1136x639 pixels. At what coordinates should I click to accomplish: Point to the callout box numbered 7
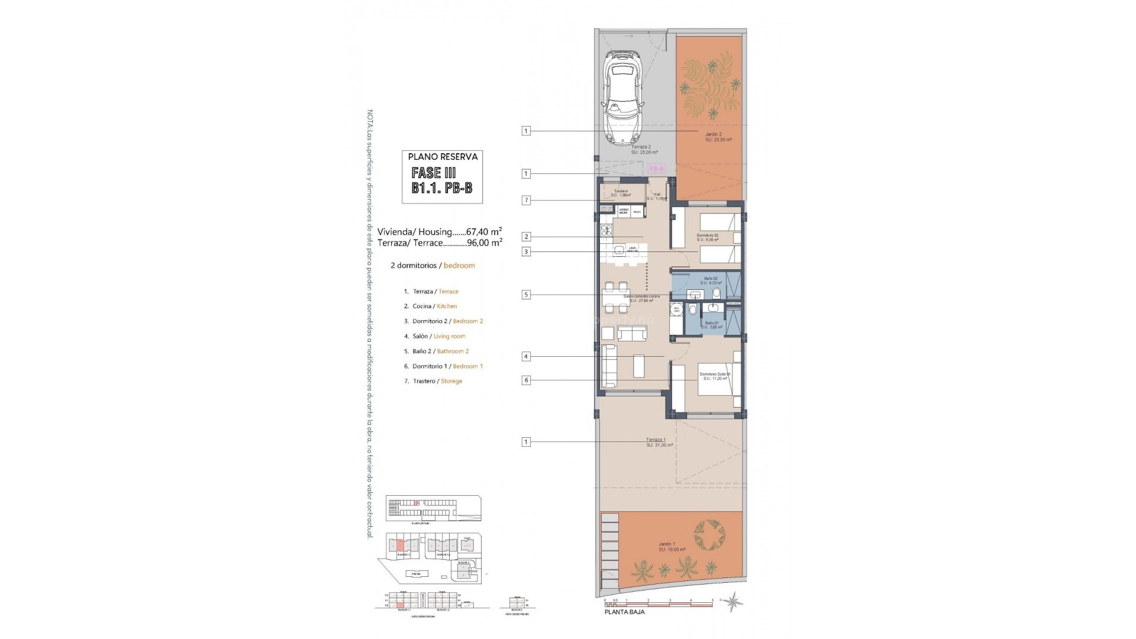coord(526,201)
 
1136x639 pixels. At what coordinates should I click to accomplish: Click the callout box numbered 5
coord(526,294)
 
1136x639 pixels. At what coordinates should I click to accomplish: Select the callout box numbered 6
coord(526,380)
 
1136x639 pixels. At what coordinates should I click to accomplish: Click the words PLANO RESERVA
coord(443,157)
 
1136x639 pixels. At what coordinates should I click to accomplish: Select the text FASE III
coord(434,173)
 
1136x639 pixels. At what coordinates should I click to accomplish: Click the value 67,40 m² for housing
coord(484,231)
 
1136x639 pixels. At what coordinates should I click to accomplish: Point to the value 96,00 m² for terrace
coord(484,242)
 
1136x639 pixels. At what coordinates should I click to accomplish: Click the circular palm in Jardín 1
coord(709,537)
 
